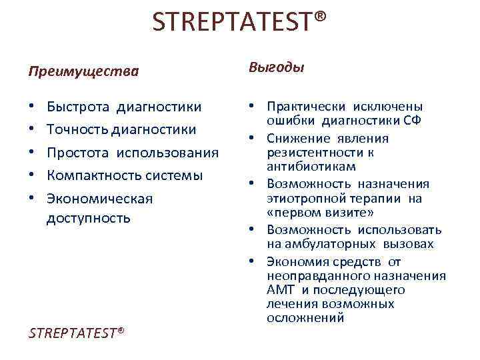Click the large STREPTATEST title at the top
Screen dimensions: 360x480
click(x=240, y=23)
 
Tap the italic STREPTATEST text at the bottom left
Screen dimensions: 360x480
click(x=77, y=333)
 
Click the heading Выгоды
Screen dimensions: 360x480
click(x=277, y=68)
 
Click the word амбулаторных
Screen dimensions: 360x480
click(x=328, y=244)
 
